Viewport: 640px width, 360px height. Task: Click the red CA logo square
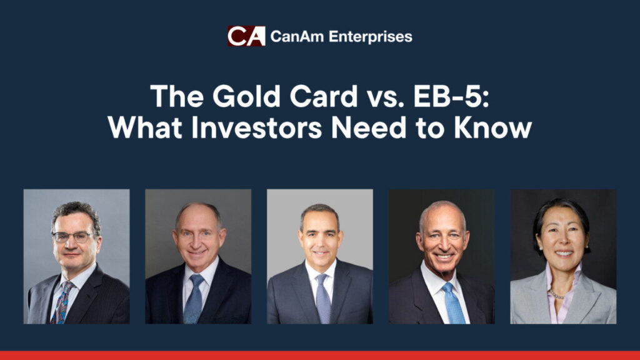pos(246,36)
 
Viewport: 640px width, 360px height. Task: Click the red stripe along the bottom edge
pos(320,356)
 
